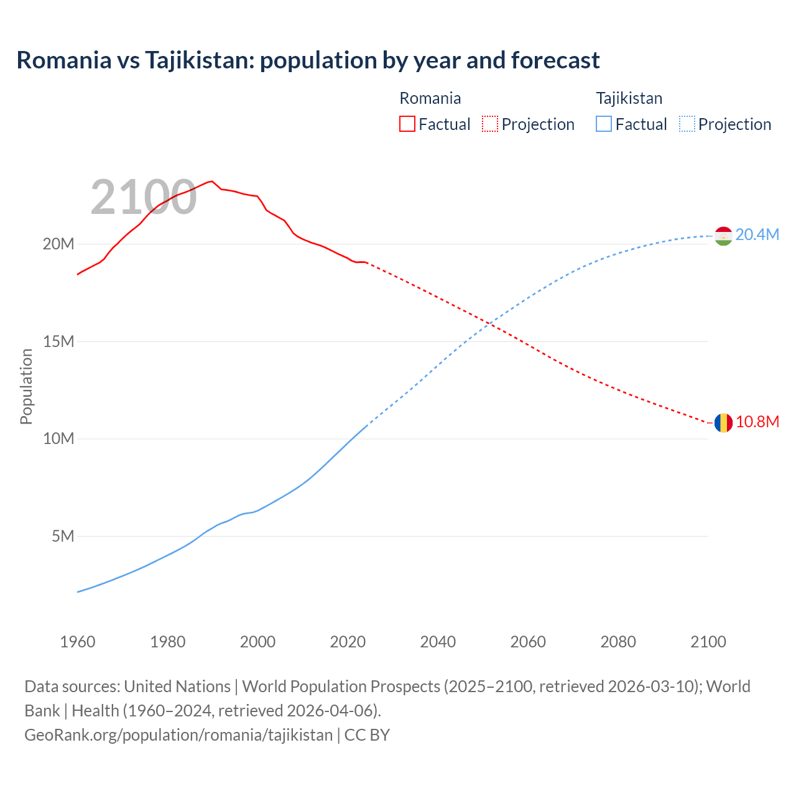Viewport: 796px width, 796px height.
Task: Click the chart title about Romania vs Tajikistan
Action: (308, 60)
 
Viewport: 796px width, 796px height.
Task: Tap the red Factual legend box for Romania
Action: (407, 124)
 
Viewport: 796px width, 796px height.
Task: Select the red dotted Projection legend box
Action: (490, 124)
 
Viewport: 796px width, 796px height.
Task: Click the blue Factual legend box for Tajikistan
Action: (603, 124)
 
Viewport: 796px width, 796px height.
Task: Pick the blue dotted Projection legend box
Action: (687, 124)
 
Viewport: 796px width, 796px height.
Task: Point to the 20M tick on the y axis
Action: (58, 244)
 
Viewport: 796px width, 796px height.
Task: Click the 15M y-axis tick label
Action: (58, 341)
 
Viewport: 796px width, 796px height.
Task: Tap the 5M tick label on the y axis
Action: (63, 536)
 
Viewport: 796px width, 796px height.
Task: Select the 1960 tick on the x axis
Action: (78, 642)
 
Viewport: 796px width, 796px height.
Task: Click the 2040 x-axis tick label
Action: (438, 642)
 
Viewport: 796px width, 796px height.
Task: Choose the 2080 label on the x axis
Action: (618, 642)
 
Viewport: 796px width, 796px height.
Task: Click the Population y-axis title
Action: (26, 386)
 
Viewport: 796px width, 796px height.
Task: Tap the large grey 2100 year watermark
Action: (144, 198)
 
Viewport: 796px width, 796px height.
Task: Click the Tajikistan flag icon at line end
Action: (723, 236)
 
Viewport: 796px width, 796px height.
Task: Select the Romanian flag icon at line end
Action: (723, 423)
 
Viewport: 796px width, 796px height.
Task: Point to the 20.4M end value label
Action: (757, 234)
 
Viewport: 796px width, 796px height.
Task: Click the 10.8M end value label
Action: (757, 422)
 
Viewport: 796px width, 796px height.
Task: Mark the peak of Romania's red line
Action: (212, 181)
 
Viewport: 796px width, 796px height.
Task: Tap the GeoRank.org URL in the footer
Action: (178, 734)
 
